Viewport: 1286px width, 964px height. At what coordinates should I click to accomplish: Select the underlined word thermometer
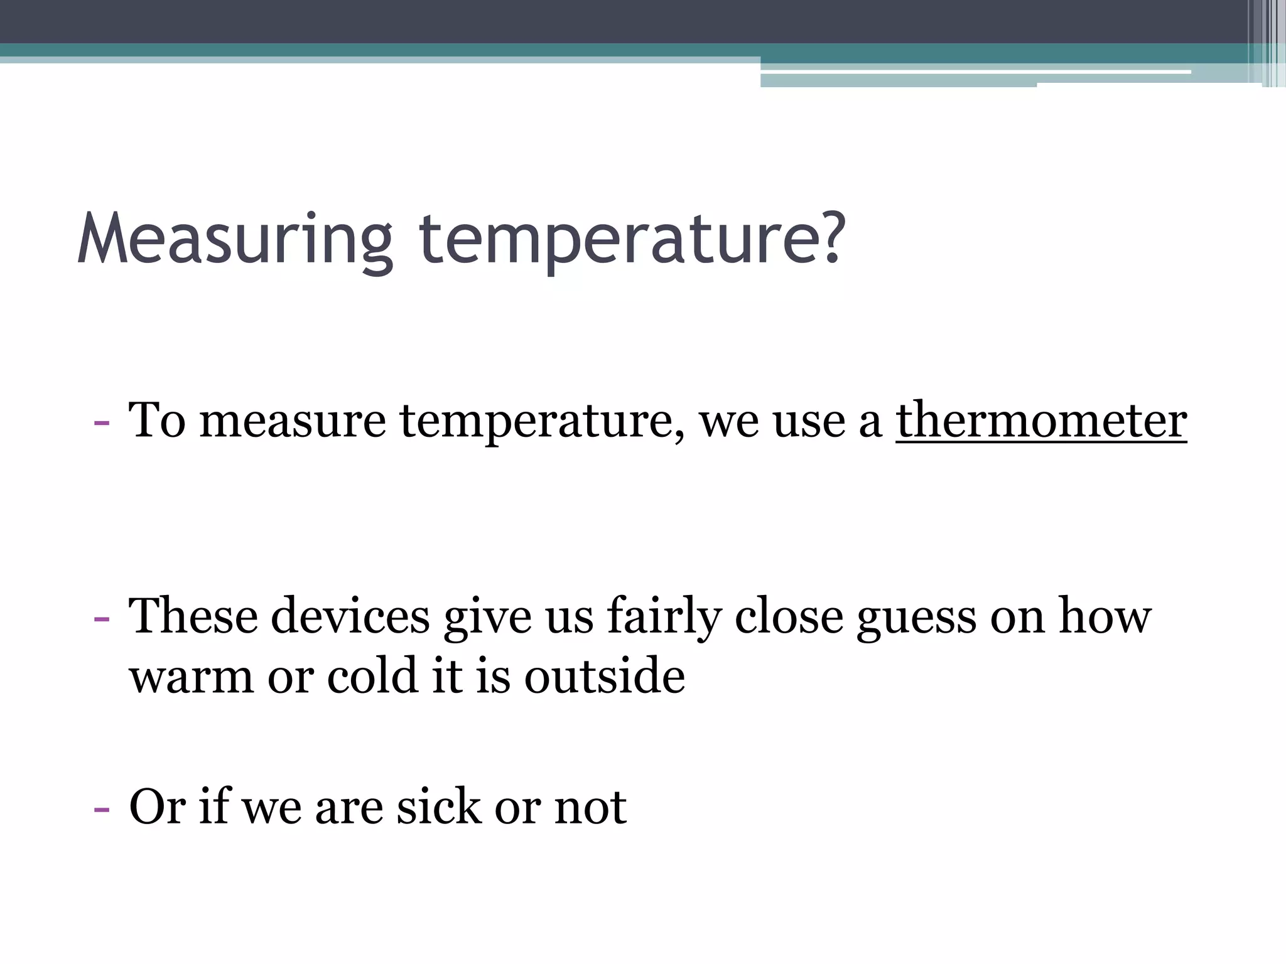pyautogui.click(x=1041, y=420)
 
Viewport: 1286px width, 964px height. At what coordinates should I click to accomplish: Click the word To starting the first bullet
pyautogui.click(x=157, y=420)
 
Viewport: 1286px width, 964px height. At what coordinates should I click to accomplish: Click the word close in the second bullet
pyautogui.click(x=789, y=616)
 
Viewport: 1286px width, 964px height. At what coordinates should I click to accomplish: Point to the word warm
pyautogui.click(x=192, y=678)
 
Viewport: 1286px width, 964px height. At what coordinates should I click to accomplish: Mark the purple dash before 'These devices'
pyautogui.click(x=101, y=618)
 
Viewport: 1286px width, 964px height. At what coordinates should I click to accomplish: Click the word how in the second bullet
pyautogui.click(x=1105, y=616)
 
